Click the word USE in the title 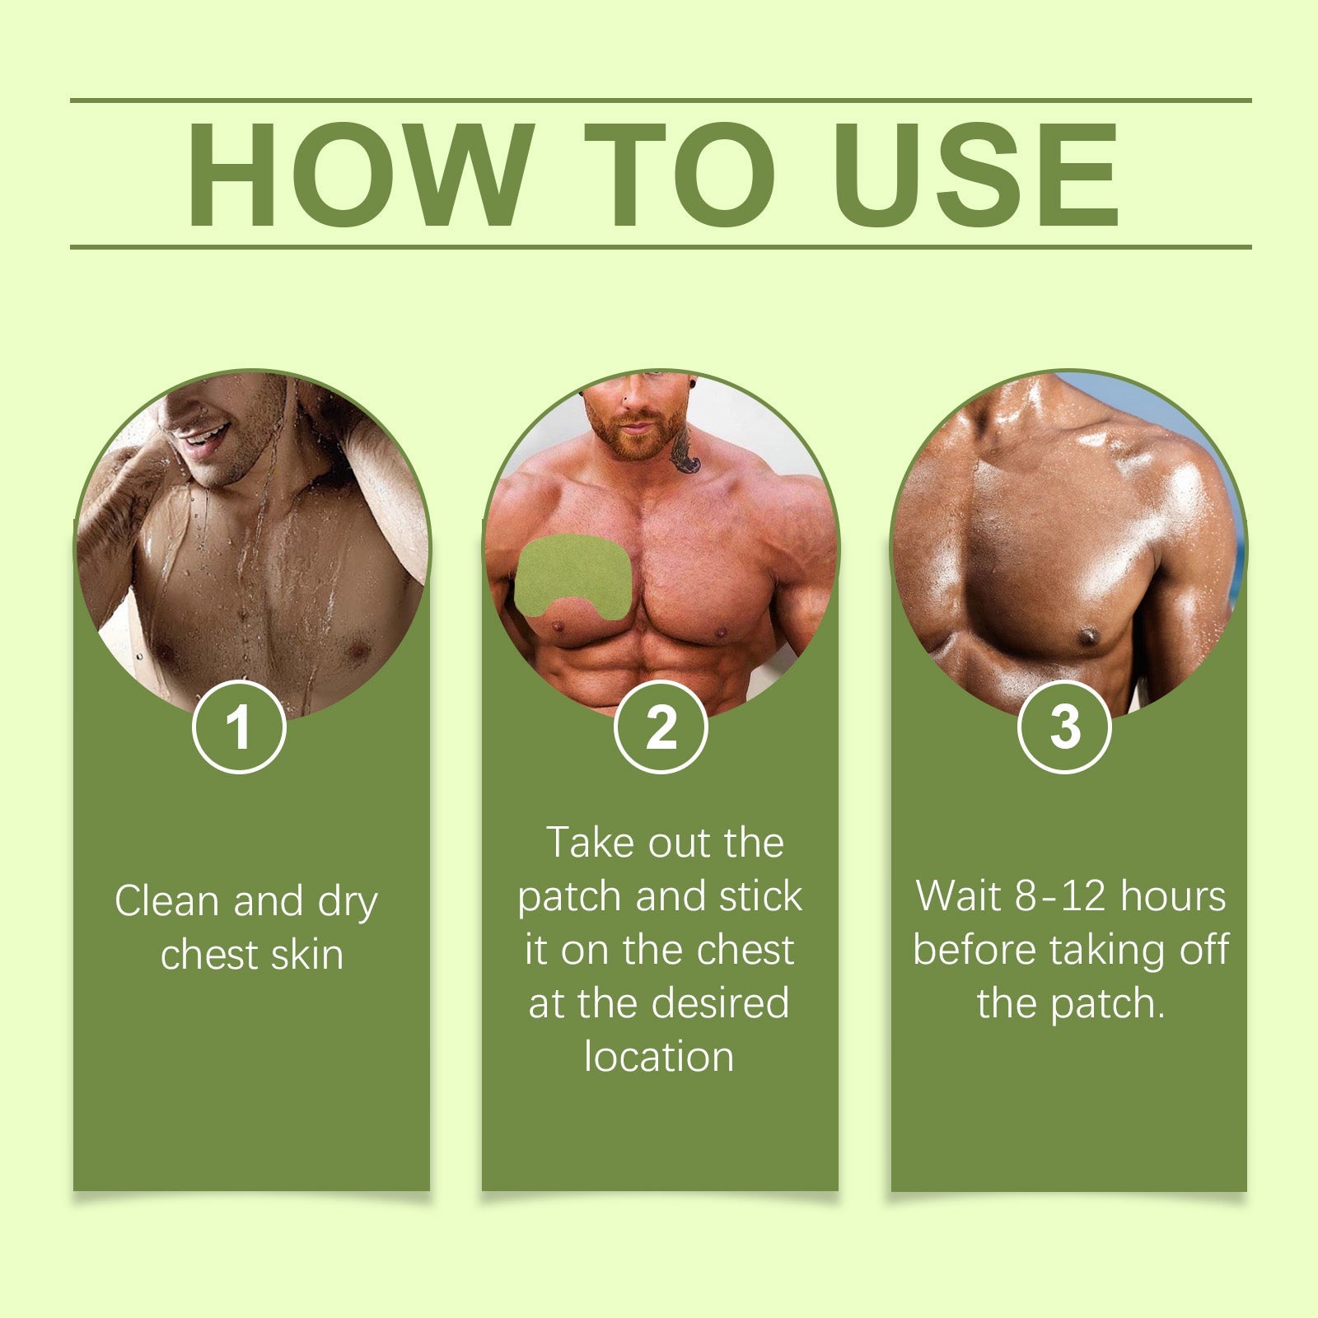point(976,174)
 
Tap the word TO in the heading point(680,174)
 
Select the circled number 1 point(239,727)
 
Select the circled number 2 point(661,727)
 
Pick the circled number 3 point(1064,727)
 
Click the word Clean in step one point(168,900)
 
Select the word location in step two point(659,1057)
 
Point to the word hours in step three point(1173,896)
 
